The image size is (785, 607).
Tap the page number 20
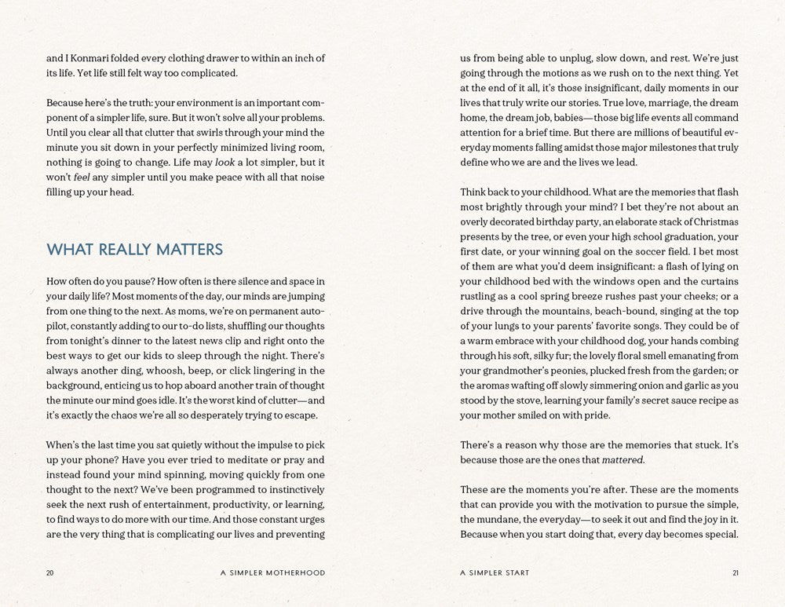click(x=50, y=573)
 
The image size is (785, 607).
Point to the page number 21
click(x=734, y=573)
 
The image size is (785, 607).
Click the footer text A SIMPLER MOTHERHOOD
click(x=272, y=573)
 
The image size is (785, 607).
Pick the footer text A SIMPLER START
click(x=495, y=573)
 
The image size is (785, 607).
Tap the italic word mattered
click(x=623, y=459)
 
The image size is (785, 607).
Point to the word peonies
click(x=575, y=370)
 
